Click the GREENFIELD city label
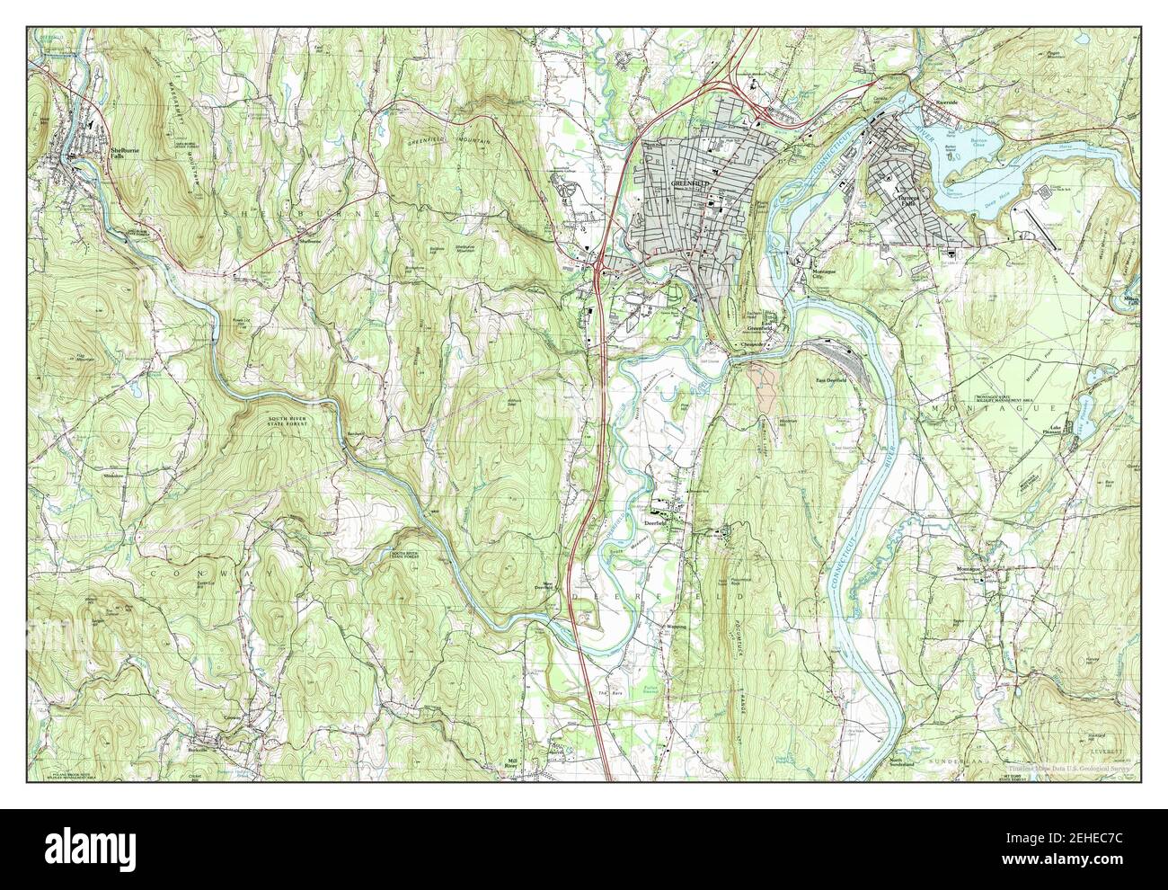(x=690, y=183)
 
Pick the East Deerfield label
(x=832, y=380)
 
